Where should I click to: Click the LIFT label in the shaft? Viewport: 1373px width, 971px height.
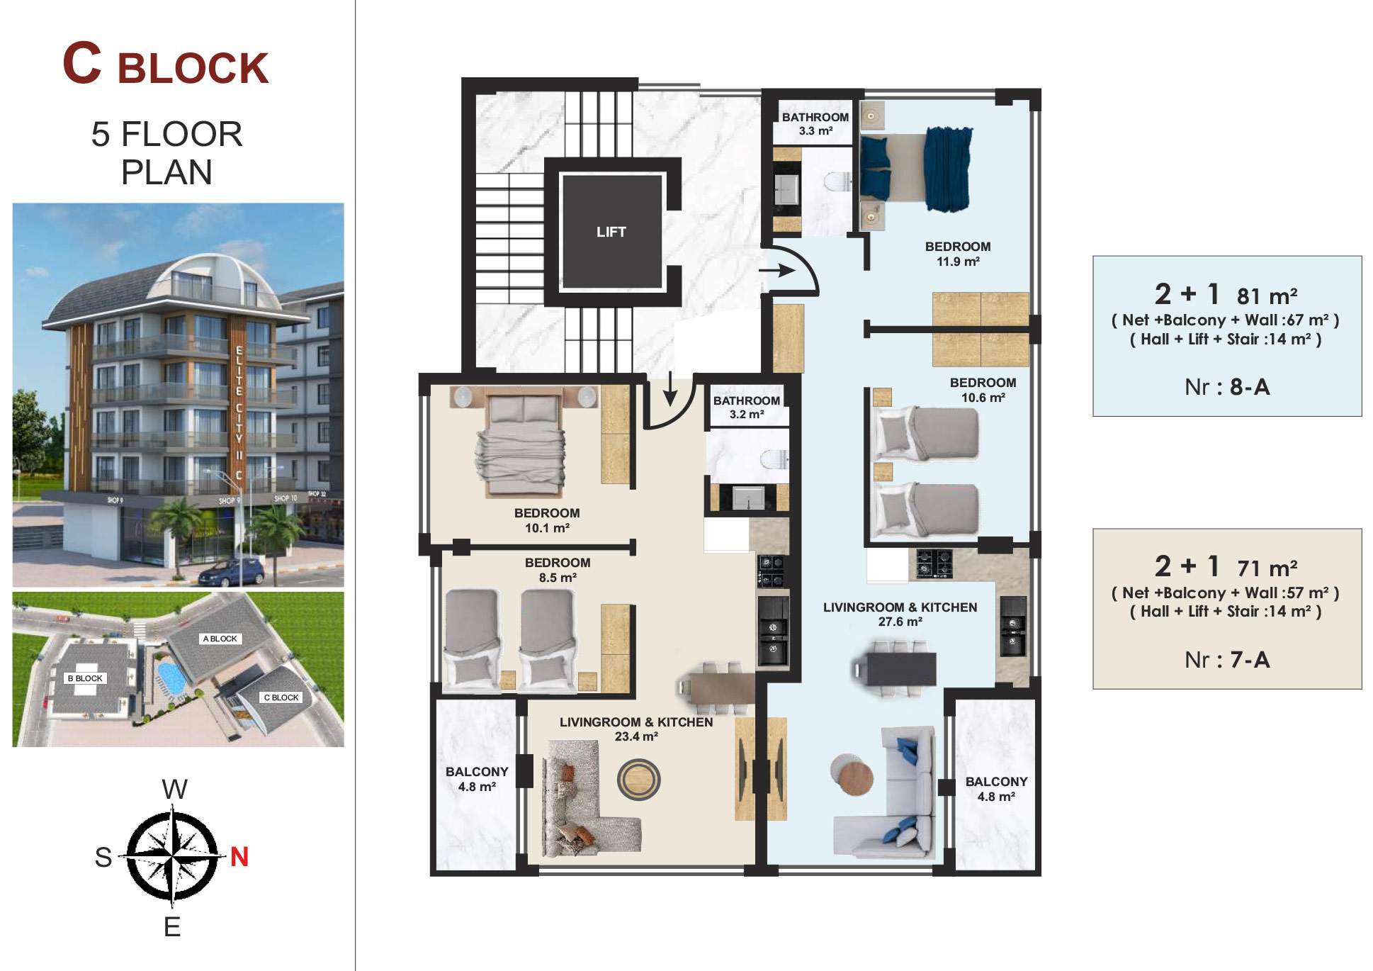[611, 232]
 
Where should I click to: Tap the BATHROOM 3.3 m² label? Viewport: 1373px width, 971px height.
[815, 124]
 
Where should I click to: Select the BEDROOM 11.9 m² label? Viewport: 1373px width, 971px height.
[958, 254]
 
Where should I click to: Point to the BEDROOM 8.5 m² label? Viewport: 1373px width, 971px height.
[558, 570]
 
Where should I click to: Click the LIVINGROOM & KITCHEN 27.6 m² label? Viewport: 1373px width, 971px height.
[900, 614]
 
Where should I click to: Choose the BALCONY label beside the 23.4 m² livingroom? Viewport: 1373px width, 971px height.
[477, 779]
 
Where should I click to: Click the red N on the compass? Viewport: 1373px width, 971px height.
[239, 857]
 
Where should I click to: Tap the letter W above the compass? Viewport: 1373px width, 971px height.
[175, 789]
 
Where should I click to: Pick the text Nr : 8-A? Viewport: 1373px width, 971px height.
[1227, 387]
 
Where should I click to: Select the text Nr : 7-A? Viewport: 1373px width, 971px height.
[1227, 660]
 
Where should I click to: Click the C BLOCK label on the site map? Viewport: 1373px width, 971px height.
[281, 697]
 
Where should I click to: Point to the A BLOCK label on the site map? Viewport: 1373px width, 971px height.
[220, 639]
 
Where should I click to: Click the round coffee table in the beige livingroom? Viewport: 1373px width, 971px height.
[638, 780]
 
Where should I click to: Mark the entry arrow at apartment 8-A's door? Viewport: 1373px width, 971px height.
[776, 270]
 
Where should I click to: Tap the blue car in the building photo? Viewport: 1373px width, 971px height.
[232, 573]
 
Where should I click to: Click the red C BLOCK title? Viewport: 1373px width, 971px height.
[166, 64]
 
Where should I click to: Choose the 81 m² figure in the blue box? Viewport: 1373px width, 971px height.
[1267, 295]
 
